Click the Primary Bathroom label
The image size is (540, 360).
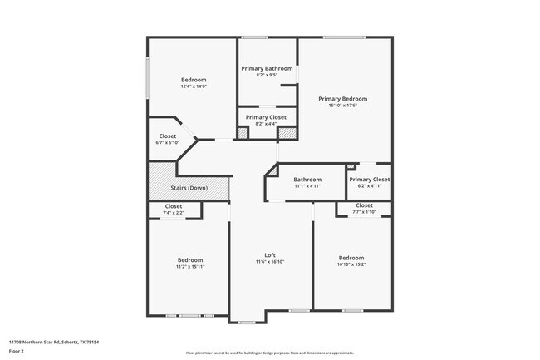point(267,68)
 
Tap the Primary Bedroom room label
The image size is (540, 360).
point(342,99)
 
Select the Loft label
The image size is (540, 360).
point(269,254)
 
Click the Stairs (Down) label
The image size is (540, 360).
point(189,188)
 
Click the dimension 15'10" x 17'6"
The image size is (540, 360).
point(342,106)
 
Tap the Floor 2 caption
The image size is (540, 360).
point(17,351)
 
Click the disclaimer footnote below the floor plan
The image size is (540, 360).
point(269,353)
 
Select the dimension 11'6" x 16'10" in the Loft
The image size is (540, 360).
point(269,261)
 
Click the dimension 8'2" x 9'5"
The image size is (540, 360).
point(267,75)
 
